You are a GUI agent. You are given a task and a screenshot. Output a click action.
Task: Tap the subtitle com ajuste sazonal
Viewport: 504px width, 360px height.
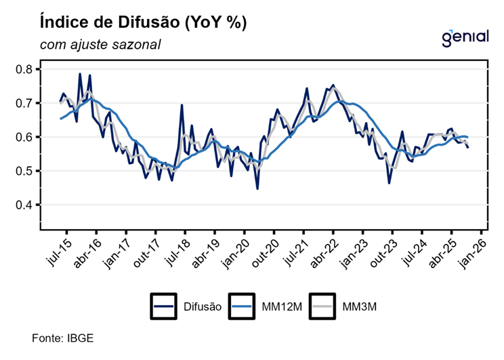(x=100, y=45)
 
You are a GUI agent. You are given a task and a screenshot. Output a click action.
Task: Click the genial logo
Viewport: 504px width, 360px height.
(x=465, y=37)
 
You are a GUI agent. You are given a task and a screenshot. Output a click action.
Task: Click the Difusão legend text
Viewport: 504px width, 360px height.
(x=202, y=307)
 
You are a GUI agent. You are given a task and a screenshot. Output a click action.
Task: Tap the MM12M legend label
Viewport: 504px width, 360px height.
(x=281, y=307)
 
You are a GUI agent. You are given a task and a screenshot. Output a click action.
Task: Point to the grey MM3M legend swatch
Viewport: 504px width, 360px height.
(x=322, y=306)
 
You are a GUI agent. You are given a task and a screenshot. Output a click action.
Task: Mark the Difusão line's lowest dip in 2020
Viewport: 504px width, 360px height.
(x=257, y=188)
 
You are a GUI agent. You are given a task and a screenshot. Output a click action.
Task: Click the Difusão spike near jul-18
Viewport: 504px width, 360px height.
(x=182, y=106)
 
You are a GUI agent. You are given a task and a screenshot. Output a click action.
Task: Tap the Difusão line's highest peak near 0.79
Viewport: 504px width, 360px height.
(x=80, y=75)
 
